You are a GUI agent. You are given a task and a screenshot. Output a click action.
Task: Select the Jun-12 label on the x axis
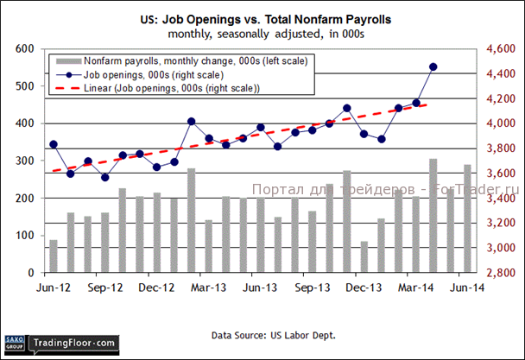click(53, 288)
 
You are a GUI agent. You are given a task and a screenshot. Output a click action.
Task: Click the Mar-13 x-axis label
click(208, 288)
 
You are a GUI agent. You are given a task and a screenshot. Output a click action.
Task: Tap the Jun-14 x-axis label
click(467, 288)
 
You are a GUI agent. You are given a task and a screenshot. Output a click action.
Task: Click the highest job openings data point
click(433, 66)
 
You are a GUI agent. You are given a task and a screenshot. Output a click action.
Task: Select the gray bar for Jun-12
click(54, 256)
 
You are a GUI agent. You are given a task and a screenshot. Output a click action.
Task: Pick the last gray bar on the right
click(467, 218)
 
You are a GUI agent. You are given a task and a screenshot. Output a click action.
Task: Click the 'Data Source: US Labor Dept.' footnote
click(262, 333)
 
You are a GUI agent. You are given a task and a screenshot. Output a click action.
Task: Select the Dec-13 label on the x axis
click(364, 288)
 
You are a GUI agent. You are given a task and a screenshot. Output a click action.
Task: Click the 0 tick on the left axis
click(31, 273)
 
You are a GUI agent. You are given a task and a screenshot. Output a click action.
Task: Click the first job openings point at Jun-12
click(54, 144)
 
